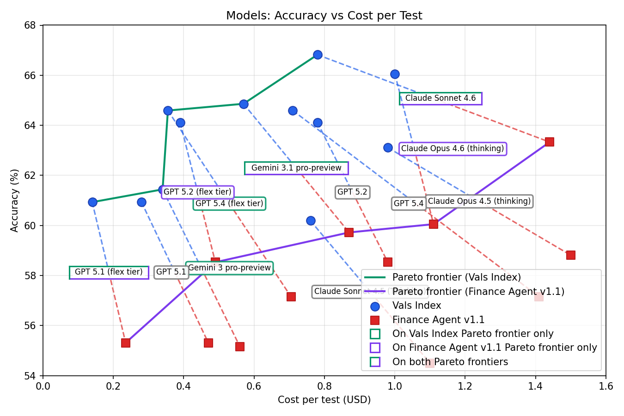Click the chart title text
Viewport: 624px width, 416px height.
pos(324,16)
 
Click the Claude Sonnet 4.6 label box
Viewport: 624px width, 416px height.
pos(440,98)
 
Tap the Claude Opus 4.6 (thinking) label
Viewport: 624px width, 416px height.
pos(453,148)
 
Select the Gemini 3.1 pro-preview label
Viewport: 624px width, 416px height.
pos(296,168)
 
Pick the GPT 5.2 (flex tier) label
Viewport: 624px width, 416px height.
pos(197,192)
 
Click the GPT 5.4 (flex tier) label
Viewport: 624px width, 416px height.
pos(229,203)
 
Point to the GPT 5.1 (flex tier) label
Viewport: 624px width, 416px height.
pos(109,272)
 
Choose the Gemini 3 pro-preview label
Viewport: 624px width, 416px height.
pos(229,268)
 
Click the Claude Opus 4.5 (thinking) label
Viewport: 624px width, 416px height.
pos(479,201)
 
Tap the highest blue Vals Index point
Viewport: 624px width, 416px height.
pos(318,55)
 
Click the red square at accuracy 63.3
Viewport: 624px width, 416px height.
pos(549,141)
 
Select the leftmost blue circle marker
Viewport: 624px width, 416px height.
pos(92,202)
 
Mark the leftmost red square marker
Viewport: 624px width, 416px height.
pos(125,343)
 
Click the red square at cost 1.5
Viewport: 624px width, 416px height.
pos(570,255)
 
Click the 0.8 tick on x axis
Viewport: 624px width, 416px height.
pos(324,385)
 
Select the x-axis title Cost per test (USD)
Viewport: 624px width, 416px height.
pos(324,399)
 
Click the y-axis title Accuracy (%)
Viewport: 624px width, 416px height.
pos(15,200)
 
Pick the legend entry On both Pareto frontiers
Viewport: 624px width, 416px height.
pos(450,362)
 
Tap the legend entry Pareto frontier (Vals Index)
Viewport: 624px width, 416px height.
pos(456,277)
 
